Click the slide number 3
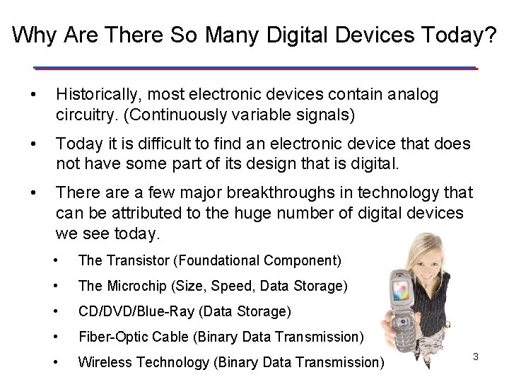476,357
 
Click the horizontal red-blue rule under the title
255,67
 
